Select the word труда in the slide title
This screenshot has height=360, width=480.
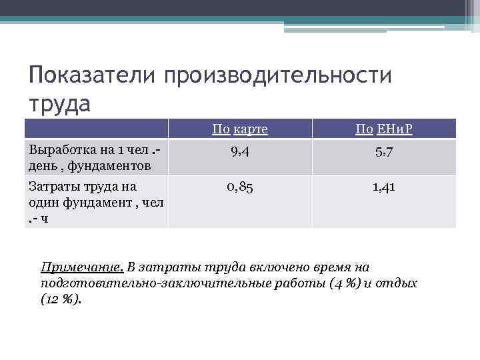(59, 104)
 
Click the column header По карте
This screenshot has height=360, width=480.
(240, 129)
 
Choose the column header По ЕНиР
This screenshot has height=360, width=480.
(384, 129)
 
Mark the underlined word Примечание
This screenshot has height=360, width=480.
(82, 267)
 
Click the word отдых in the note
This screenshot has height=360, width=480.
(400, 283)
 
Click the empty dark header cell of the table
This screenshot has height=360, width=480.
(96, 129)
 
